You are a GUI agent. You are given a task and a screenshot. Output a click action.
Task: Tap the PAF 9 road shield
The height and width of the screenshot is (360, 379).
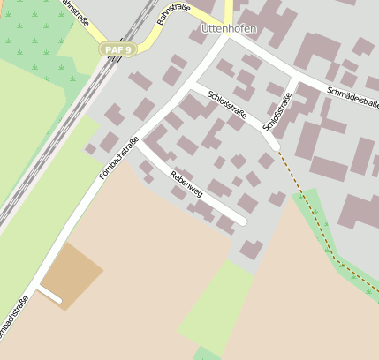(x=117, y=49)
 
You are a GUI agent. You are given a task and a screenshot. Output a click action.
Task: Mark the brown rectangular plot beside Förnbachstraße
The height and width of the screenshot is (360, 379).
(x=71, y=273)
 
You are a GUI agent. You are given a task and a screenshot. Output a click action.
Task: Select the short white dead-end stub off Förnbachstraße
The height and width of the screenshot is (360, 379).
(x=48, y=295)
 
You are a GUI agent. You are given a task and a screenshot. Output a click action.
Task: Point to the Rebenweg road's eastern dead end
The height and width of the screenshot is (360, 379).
(x=241, y=221)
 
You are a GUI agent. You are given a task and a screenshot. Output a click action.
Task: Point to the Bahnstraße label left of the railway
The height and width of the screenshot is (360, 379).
(x=76, y=12)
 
